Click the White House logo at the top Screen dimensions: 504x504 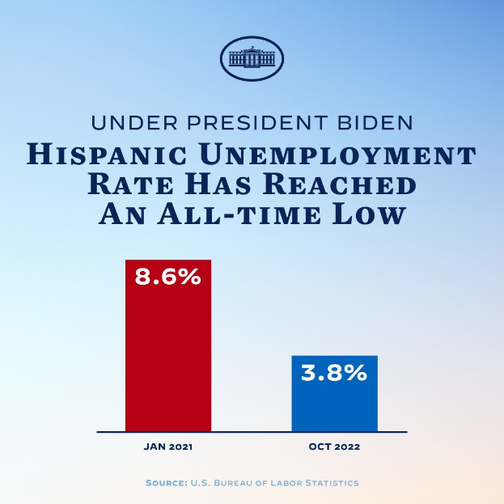pos(252,58)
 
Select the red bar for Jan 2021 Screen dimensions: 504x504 pos(168,356)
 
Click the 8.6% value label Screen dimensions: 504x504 pos(168,277)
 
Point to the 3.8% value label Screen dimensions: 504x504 pos(334,373)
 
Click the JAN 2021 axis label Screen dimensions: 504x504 pos(168,446)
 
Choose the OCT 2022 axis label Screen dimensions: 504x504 pos(334,446)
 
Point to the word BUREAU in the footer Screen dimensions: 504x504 pos(236,483)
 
